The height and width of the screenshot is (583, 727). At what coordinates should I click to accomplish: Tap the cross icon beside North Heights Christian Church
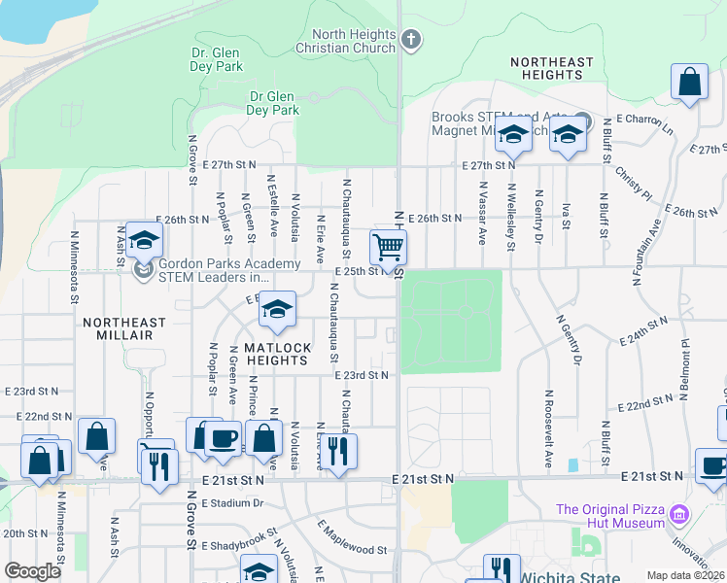[x=411, y=40]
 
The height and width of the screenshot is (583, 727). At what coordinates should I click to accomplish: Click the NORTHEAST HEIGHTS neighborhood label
[x=551, y=69]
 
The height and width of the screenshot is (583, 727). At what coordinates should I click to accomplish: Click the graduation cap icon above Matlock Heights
[x=278, y=310]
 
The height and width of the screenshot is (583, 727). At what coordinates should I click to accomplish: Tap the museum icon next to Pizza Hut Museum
[x=678, y=512]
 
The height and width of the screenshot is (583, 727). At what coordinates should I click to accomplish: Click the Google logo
[x=32, y=571]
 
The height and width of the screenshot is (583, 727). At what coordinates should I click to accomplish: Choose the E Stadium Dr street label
[x=232, y=502]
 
